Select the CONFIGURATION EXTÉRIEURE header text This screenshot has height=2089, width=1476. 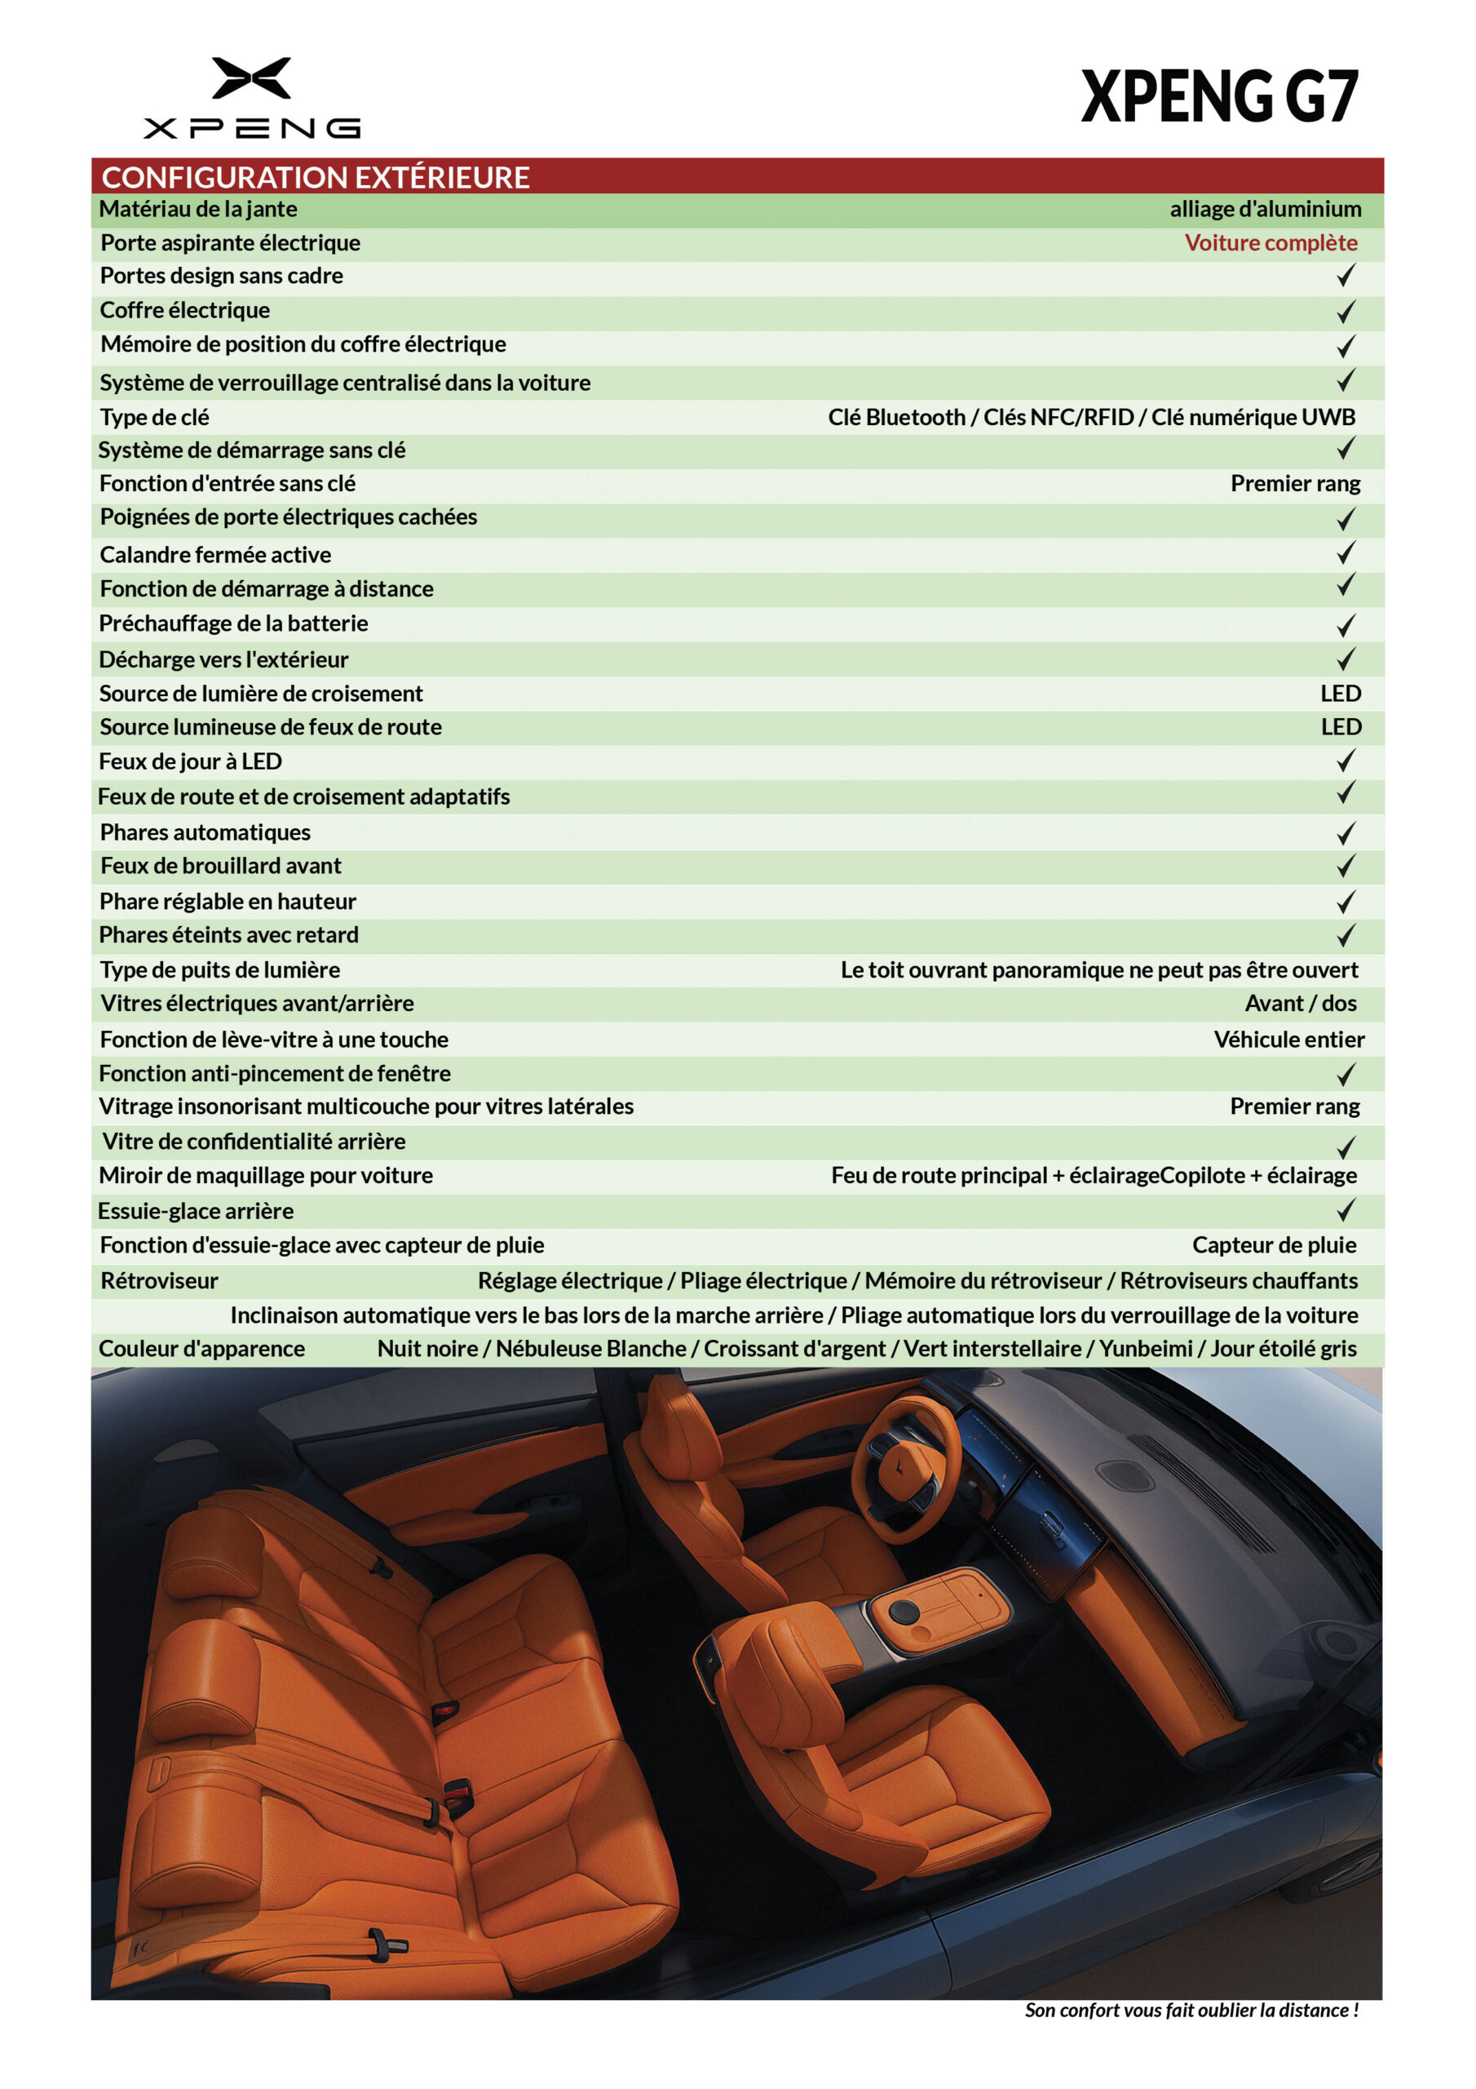315,176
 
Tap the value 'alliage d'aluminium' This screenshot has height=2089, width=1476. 1264,209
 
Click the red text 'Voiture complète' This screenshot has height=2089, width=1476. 1270,243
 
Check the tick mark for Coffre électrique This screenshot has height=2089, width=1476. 1345,311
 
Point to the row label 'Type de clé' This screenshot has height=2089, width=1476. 155,417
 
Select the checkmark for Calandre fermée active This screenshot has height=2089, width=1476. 1345,553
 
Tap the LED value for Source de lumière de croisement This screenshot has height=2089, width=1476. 1340,694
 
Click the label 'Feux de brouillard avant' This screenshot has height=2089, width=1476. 221,865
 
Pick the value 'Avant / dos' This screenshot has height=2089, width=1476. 1300,1003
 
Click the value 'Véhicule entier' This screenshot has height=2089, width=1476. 1288,1039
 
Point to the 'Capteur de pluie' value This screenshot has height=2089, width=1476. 1273,1244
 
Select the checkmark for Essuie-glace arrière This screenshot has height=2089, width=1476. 1345,1210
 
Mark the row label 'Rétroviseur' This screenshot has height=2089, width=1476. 159,1280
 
